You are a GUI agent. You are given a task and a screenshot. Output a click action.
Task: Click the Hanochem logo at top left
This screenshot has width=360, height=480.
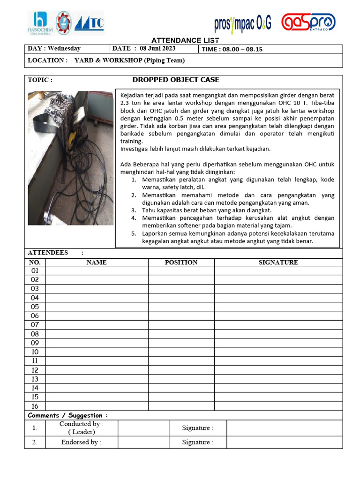(40, 23)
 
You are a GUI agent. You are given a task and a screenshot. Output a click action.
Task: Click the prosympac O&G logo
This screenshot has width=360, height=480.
(242, 23)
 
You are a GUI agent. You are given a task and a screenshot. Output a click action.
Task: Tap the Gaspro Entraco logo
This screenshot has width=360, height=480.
(308, 22)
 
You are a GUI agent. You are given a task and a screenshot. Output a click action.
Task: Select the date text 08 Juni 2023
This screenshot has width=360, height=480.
(157, 49)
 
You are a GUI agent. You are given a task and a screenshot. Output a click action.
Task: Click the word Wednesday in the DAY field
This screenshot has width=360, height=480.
(64, 49)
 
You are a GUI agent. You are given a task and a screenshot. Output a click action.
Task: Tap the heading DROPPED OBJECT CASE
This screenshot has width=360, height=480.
(176, 80)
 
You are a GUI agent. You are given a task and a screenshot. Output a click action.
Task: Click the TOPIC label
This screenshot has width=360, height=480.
(40, 80)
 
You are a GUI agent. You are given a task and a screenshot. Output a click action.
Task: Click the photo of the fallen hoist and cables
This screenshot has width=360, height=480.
(70, 158)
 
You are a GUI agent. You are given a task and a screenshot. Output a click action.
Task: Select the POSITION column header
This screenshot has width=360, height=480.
(181, 262)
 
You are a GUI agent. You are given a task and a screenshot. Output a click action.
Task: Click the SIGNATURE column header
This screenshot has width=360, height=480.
(278, 262)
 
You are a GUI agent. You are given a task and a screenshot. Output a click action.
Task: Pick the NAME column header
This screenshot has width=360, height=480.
(97, 262)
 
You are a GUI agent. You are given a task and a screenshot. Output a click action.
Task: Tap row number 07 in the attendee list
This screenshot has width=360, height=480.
(35, 325)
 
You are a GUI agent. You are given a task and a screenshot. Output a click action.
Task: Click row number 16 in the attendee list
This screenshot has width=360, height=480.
(35, 406)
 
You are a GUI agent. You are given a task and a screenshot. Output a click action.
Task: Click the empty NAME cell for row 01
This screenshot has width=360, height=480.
(97, 271)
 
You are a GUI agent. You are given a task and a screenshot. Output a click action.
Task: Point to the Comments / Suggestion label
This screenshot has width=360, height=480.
(67, 415)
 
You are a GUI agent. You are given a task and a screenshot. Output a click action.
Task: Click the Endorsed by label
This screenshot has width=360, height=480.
(81, 442)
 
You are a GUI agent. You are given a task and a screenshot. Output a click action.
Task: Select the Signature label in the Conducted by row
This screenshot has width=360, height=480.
(197, 428)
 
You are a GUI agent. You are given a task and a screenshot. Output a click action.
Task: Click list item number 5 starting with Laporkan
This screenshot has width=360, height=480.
(232, 237)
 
